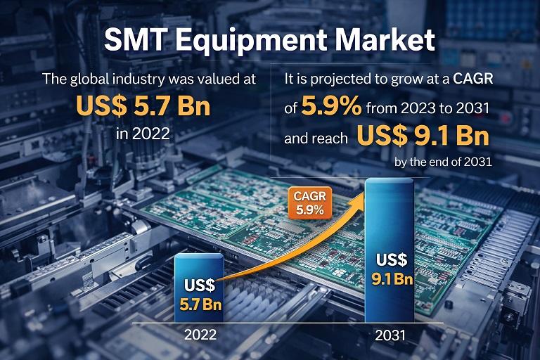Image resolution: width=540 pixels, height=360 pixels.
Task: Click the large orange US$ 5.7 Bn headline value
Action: [143, 106]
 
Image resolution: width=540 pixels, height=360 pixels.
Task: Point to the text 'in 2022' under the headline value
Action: [143, 132]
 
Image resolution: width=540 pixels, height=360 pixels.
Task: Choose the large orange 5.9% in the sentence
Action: [332, 108]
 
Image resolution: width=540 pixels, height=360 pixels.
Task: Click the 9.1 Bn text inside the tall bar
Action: [391, 278]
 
